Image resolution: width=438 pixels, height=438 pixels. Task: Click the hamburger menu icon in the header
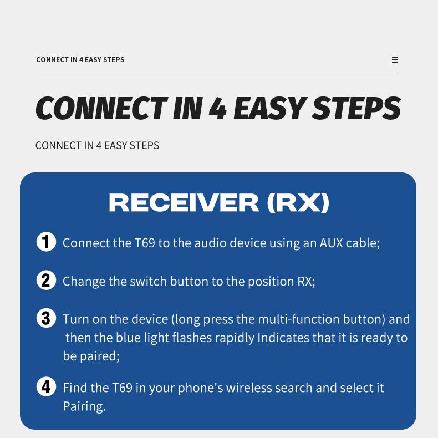click(395, 60)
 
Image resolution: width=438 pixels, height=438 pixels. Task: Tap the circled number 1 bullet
click(46, 242)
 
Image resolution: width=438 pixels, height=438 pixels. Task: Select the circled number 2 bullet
click(46, 280)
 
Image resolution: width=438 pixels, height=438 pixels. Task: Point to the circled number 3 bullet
click(46, 318)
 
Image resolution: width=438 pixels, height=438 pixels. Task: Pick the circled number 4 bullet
click(46, 386)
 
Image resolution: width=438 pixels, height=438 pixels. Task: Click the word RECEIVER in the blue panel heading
click(184, 203)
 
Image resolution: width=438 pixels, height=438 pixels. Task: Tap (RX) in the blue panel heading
click(298, 203)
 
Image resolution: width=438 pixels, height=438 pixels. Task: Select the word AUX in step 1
click(331, 243)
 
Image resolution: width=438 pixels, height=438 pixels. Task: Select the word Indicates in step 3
click(283, 337)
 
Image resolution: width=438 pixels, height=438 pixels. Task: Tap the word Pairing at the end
click(83, 406)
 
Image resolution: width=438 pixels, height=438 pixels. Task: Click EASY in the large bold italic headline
click(269, 108)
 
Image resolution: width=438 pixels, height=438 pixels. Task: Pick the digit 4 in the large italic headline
click(218, 108)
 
